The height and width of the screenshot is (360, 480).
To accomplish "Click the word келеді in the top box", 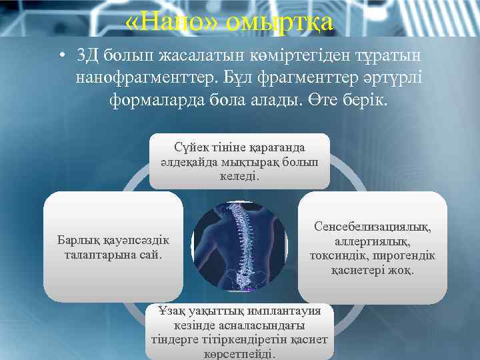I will pyautogui.click(x=239, y=177).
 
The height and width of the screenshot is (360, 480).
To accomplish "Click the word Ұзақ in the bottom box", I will pyautogui.click(x=171, y=311).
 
